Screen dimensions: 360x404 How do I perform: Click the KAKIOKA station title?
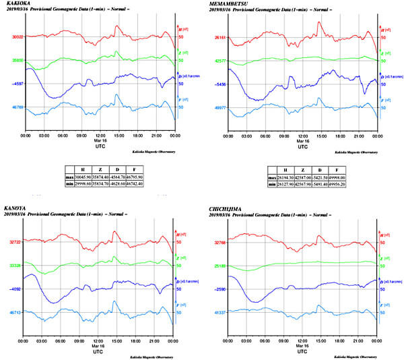(x=15, y=4)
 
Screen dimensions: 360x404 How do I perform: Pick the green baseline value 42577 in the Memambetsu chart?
(x=222, y=61)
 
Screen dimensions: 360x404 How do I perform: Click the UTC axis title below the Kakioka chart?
(x=98, y=146)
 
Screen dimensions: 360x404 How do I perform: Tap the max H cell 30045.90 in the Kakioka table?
(x=85, y=176)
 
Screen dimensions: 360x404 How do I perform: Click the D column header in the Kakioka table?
(x=121, y=169)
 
